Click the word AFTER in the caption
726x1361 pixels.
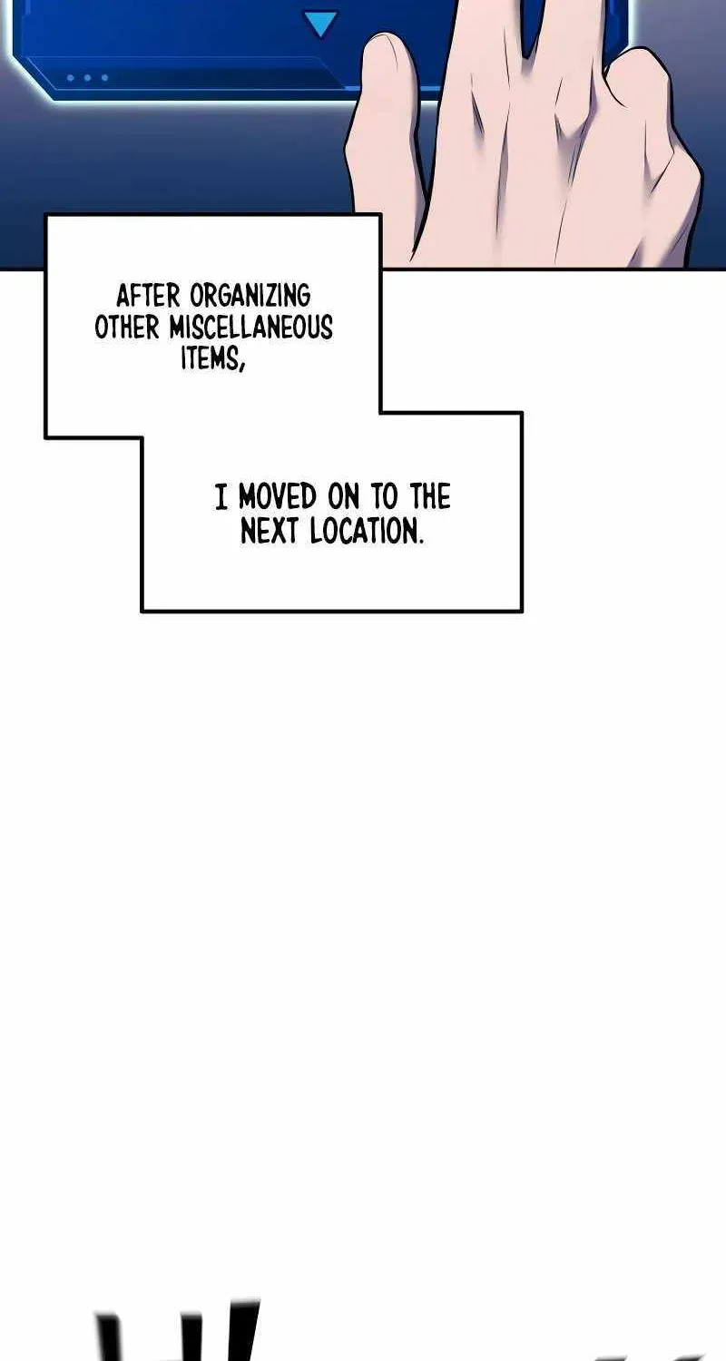(x=148, y=297)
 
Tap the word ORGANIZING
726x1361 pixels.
(x=250, y=297)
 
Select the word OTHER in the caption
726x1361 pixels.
(x=126, y=328)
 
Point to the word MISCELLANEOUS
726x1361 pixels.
(x=250, y=328)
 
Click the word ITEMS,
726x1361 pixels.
(x=212, y=358)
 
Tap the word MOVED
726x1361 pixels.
(x=278, y=496)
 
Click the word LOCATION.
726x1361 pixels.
(x=362, y=531)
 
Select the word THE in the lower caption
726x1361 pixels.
(x=429, y=496)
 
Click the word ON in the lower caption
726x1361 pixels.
(x=344, y=496)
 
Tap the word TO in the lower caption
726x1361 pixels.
(x=384, y=496)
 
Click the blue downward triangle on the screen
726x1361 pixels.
(x=319, y=25)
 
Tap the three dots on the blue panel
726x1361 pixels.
(x=88, y=78)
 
